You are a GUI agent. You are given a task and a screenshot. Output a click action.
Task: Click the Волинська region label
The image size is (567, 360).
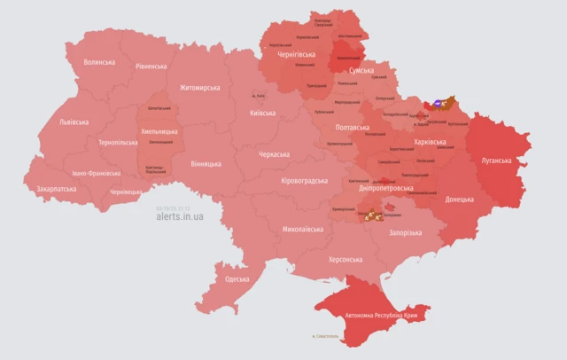click(99, 63)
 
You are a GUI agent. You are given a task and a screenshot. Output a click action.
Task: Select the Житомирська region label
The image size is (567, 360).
click(199, 88)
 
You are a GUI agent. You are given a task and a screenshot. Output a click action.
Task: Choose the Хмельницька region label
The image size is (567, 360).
click(159, 131)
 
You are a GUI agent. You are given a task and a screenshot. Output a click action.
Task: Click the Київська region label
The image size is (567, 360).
click(262, 113)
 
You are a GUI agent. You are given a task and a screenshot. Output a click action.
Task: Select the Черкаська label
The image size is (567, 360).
click(274, 154)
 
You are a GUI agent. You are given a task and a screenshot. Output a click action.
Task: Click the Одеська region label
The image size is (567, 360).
click(237, 279)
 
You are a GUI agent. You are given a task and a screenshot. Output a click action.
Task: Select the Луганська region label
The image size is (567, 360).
click(497, 160)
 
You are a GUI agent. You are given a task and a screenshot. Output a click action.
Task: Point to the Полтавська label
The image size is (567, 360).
click(353, 127)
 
